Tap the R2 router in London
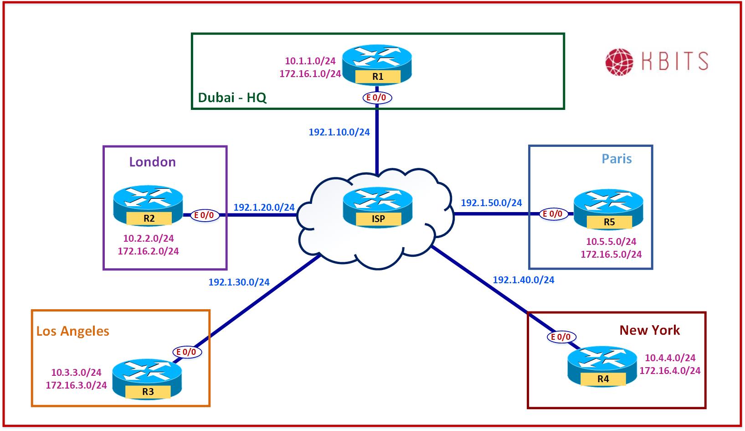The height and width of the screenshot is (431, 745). tap(149, 206)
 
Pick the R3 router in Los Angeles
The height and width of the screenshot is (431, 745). tap(147, 379)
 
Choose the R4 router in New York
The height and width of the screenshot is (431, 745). tap(602, 367)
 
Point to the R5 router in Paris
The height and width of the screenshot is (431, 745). tap(608, 210)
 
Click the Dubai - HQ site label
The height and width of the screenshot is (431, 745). tap(232, 98)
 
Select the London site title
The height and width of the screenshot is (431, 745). tap(152, 162)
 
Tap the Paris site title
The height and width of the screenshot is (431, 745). tap(617, 159)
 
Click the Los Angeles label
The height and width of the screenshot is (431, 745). tap(73, 331)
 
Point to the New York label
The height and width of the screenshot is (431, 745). tap(649, 330)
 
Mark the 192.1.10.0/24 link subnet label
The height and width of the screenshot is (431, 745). tap(339, 132)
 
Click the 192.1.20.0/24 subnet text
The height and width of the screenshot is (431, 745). tap(264, 207)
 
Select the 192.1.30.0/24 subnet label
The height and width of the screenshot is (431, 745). tap(239, 282)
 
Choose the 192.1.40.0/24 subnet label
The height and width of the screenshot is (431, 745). tap(524, 280)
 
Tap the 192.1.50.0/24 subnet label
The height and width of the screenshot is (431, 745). tap(491, 203)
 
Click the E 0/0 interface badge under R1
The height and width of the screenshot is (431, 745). tap(377, 97)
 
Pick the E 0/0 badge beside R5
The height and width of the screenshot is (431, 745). tap(554, 213)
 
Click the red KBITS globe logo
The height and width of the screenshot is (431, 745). tap(619, 62)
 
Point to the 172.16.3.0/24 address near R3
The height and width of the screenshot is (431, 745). tap(76, 385)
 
